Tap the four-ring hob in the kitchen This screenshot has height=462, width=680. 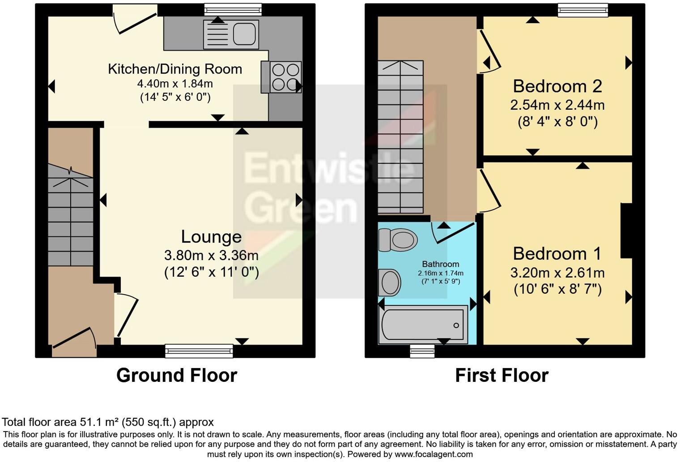coord(285,77)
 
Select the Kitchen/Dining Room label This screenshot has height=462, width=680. coord(175,69)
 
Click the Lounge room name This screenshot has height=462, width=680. coord(211,236)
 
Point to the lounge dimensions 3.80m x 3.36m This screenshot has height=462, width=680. coord(211,256)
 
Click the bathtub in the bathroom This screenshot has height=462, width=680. coord(423,325)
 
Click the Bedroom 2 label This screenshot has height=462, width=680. coord(557,86)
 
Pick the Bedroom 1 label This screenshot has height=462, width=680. coord(557,253)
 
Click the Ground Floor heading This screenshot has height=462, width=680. coord(177,375)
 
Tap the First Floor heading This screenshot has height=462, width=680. coord(501,375)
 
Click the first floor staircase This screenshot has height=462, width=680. coord(400,137)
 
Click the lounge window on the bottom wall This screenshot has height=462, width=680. coord(199,351)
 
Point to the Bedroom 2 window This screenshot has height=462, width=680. coord(583,10)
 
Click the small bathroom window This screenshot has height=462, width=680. coord(422,351)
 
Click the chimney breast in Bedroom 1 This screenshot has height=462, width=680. coord(626,231)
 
